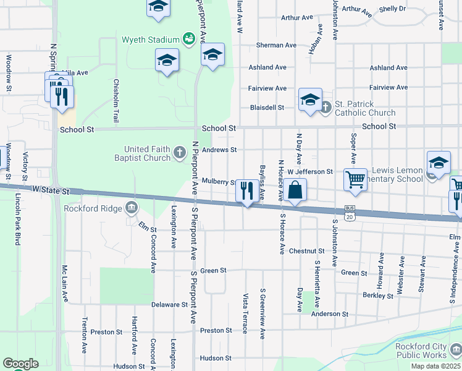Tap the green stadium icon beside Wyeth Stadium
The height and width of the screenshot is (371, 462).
[x=189, y=39]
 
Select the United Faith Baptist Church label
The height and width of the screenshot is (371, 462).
[x=147, y=153]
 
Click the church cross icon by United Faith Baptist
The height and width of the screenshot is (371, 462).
[x=180, y=152]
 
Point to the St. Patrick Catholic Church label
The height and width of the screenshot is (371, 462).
[x=365, y=108]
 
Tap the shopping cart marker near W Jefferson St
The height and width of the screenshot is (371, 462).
[x=355, y=180]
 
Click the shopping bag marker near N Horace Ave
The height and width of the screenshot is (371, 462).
[x=296, y=191]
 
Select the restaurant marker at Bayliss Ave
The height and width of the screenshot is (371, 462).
[x=246, y=190]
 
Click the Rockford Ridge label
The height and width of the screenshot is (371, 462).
[x=93, y=208]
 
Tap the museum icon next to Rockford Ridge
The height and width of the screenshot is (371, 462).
[x=131, y=208]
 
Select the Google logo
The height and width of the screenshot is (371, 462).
[x=20, y=364]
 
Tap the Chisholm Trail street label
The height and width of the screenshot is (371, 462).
[x=115, y=101]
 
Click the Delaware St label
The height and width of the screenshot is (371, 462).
[x=169, y=305]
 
